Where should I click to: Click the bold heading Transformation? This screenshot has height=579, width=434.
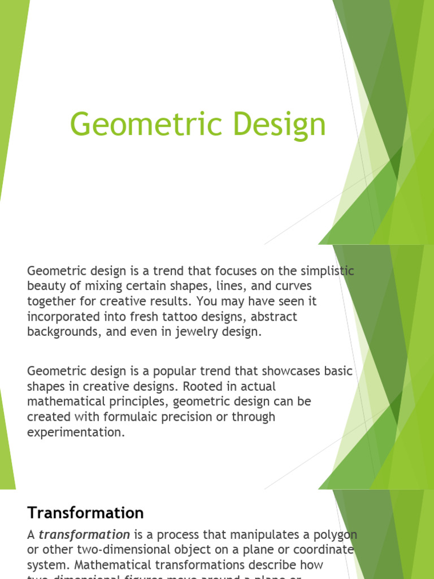pyautogui.click(x=85, y=513)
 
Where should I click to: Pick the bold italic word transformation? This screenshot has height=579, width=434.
pyautogui.click(x=84, y=534)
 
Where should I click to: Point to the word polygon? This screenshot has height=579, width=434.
pyautogui.click(x=334, y=534)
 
